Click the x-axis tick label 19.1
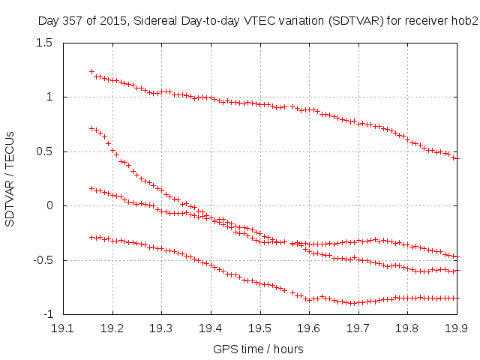62,328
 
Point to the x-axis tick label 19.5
260,328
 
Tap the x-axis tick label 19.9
457,328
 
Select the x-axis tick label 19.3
161,328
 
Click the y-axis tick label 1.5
45,43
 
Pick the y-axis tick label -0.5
42,260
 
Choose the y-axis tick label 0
51,205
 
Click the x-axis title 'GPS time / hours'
259,349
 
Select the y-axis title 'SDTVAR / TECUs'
10,178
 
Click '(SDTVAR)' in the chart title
349,21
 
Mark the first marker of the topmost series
92,72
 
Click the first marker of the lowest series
92,237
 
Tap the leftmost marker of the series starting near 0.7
92,128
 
